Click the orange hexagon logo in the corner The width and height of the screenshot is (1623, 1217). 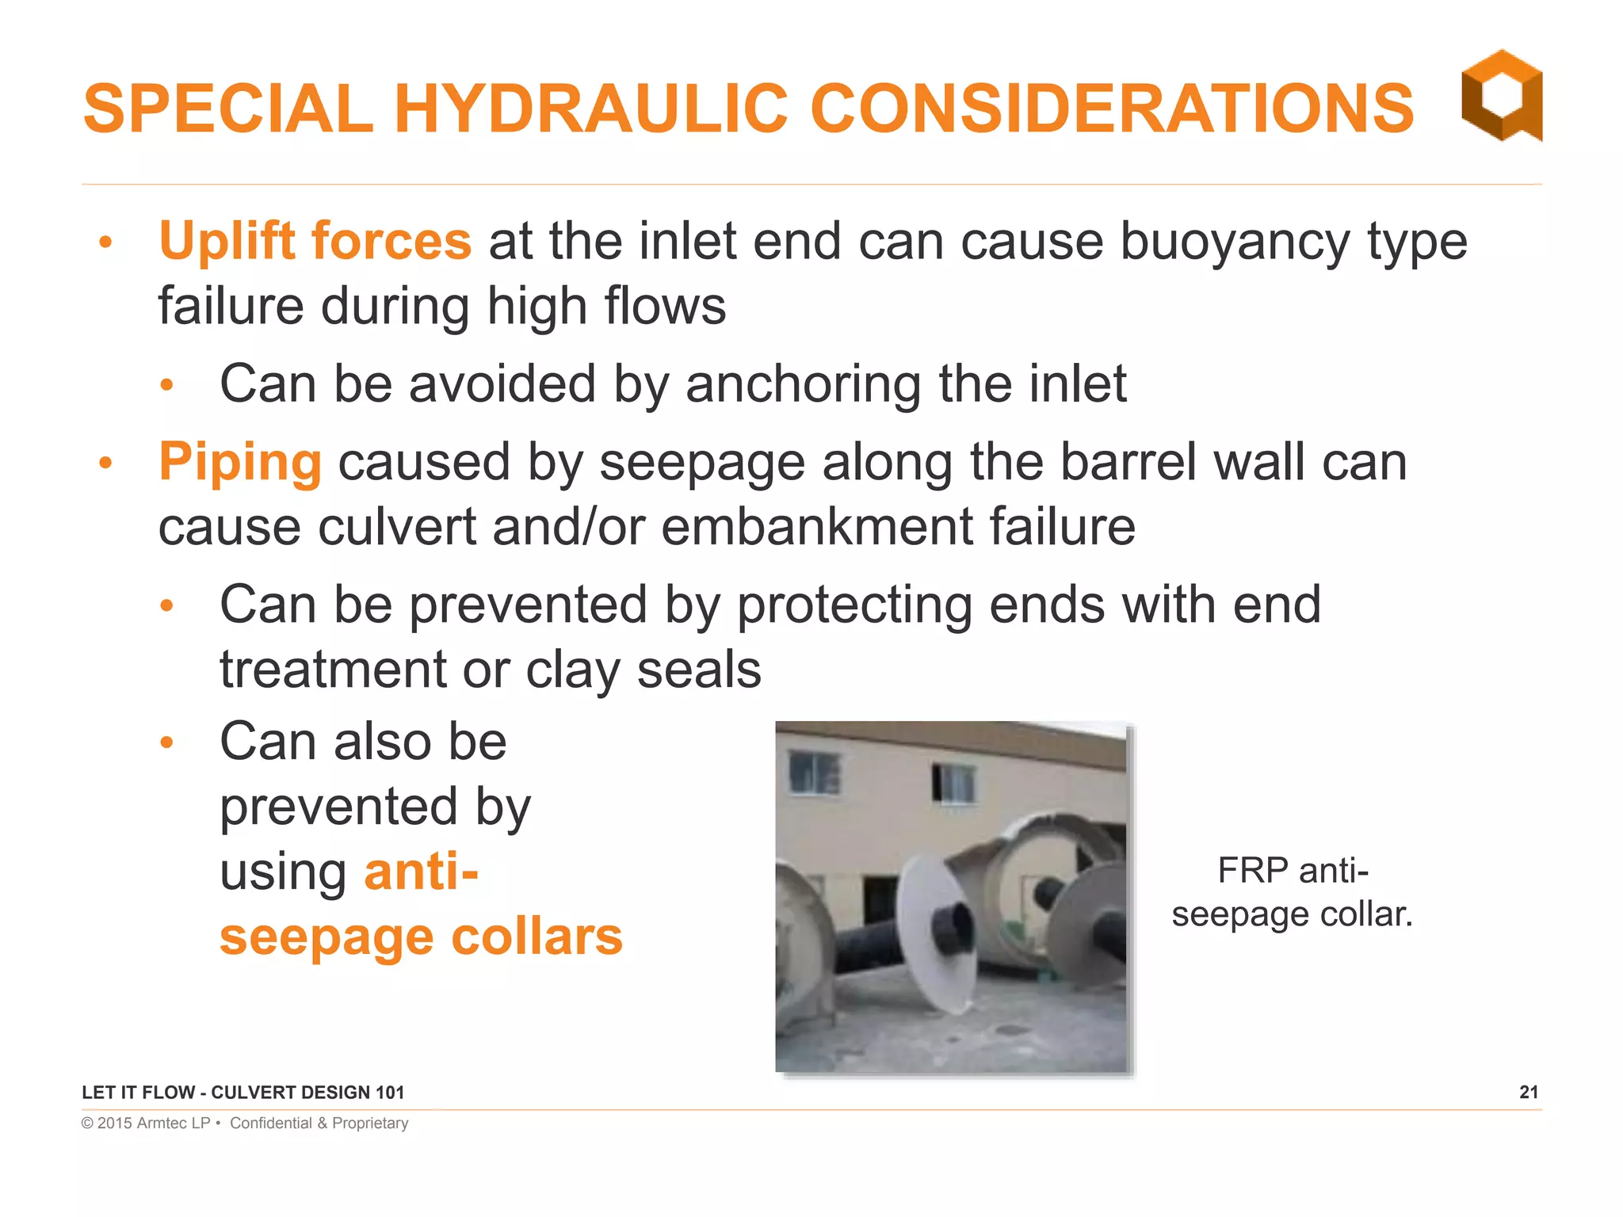pos(1502,95)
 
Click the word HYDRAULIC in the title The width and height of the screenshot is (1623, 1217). pos(590,109)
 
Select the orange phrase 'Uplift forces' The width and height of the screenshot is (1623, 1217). pos(315,241)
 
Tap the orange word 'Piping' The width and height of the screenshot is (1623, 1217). pos(240,462)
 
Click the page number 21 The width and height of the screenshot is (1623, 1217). pos(1529,1092)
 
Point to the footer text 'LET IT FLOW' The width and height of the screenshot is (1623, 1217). pos(138,1093)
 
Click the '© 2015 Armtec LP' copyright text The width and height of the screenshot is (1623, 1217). pos(146,1123)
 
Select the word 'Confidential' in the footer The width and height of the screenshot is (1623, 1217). pos(271,1123)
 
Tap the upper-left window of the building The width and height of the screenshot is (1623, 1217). pos(814,771)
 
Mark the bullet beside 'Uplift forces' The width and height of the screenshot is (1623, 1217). pos(106,242)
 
